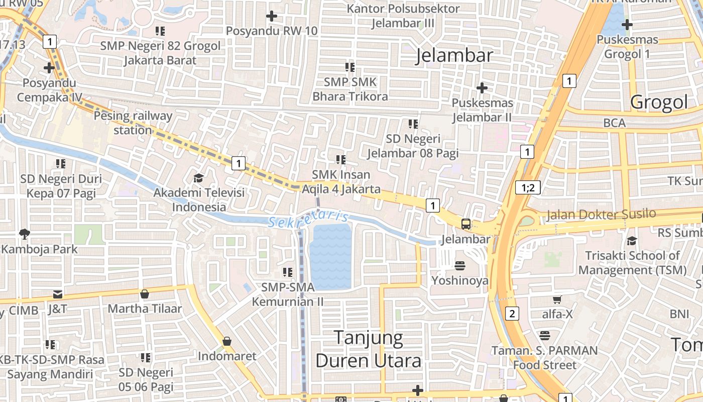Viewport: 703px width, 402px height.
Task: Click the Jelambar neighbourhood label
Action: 454,55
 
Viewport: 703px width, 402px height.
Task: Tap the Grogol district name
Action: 659,102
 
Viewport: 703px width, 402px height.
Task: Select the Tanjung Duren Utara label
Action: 369,349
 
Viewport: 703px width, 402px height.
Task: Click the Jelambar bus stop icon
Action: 466,224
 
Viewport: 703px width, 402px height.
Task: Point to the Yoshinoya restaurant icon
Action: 460,265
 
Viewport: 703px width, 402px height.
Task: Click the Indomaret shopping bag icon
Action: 227,341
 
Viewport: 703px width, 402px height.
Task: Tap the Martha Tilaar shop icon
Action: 145,293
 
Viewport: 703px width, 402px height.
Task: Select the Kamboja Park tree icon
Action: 24,234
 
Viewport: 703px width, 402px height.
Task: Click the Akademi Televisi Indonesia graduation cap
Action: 198,178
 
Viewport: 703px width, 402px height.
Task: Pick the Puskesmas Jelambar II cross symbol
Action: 482,88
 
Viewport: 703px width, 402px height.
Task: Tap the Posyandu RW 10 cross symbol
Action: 272,16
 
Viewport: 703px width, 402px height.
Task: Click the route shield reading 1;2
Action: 528,188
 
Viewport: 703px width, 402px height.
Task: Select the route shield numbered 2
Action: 512,314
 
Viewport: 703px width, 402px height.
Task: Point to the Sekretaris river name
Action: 308,219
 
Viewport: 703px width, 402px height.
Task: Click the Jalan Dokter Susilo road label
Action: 601,214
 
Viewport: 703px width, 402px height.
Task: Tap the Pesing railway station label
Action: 133,123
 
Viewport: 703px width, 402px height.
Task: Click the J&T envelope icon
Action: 58,294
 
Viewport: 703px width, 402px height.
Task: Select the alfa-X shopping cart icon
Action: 557,299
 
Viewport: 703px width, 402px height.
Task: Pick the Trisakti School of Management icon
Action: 632,241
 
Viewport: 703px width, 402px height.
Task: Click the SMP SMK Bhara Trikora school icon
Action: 350,67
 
